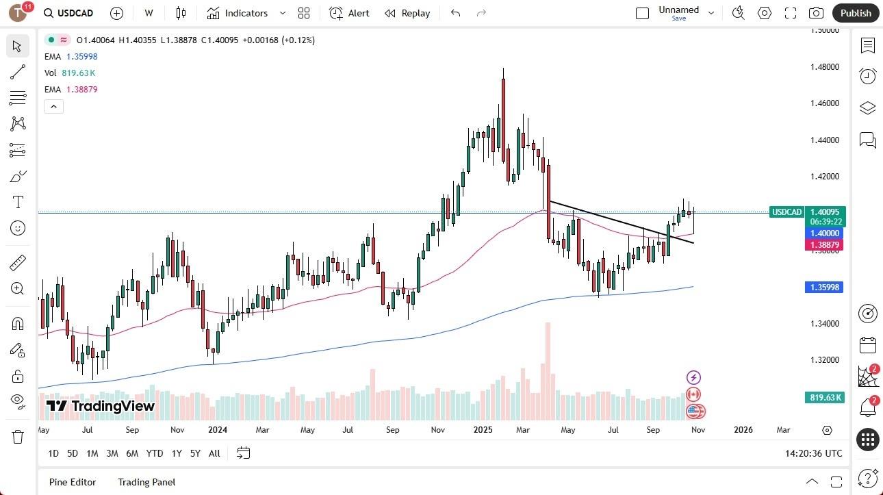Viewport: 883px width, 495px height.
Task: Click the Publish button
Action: (856, 13)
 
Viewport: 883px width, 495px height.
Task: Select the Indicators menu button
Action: (238, 13)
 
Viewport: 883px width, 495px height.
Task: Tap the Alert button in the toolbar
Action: (349, 13)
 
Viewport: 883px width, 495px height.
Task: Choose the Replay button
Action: (407, 13)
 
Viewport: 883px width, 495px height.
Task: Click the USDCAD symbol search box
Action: (68, 13)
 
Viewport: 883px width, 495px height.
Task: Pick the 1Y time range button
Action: (177, 453)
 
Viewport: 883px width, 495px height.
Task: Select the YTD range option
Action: (155, 453)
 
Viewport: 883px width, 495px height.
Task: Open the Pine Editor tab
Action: (73, 482)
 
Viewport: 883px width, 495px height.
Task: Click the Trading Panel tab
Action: (146, 482)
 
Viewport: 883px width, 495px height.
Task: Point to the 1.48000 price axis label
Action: (825, 67)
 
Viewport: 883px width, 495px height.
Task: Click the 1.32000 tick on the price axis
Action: (825, 360)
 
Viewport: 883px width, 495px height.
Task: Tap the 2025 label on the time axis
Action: (483, 430)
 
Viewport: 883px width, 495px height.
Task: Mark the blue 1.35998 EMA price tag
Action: (824, 288)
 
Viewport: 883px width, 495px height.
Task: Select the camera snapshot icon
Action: (816, 13)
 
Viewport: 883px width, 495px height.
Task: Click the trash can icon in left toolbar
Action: (18, 437)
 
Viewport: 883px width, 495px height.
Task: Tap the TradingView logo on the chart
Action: (101, 406)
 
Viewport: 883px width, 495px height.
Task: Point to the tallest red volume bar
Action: (548, 370)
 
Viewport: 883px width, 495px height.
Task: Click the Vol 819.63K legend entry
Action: (70, 73)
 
